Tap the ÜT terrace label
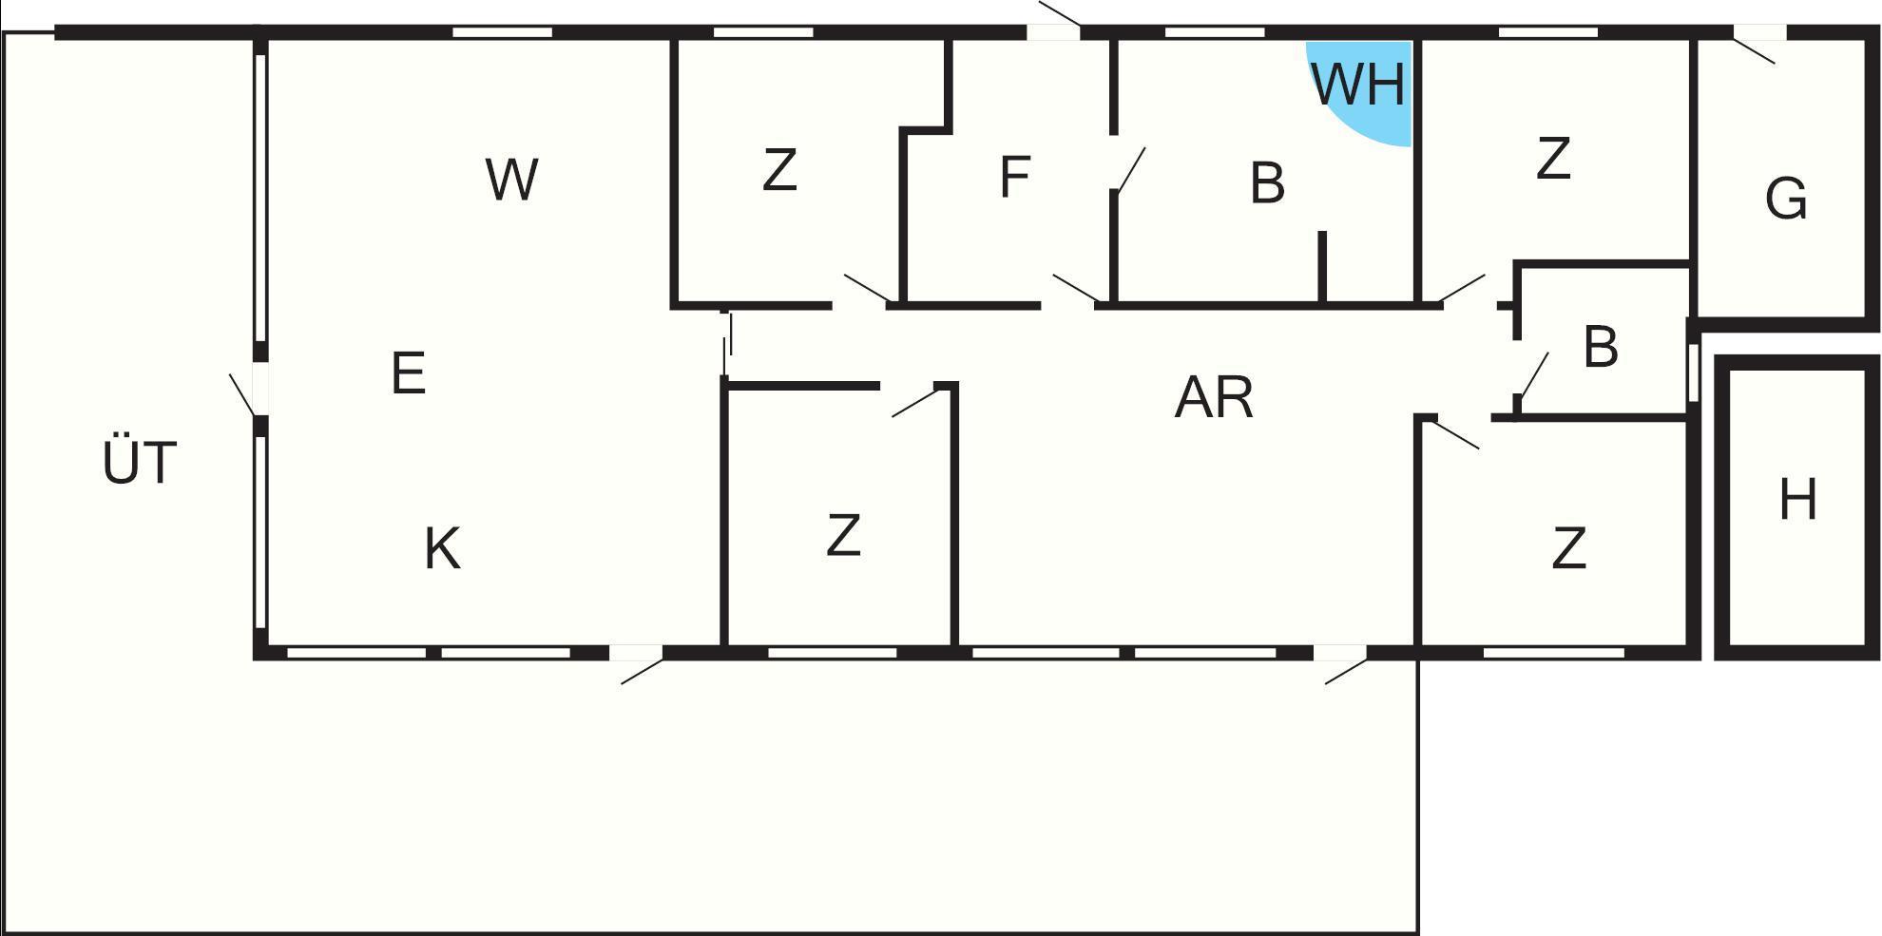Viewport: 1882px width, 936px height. click(139, 462)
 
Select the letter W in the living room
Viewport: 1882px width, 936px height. click(512, 180)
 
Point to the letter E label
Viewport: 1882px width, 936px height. click(408, 373)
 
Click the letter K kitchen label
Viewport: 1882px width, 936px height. click(442, 549)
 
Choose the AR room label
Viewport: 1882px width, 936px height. click(1214, 397)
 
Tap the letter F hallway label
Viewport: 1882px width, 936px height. click(1015, 177)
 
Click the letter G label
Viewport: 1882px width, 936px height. click(1785, 200)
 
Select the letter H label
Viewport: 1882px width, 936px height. click(1797, 500)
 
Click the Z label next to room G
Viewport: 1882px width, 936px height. click(1553, 159)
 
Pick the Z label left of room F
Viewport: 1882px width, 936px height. click(779, 171)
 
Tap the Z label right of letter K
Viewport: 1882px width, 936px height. click(843, 535)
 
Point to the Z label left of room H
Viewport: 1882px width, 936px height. click(1568, 549)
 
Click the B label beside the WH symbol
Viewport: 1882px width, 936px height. click(1267, 183)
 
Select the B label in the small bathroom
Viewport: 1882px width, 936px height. click(1601, 348)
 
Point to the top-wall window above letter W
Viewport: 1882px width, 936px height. click(502, 32)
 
